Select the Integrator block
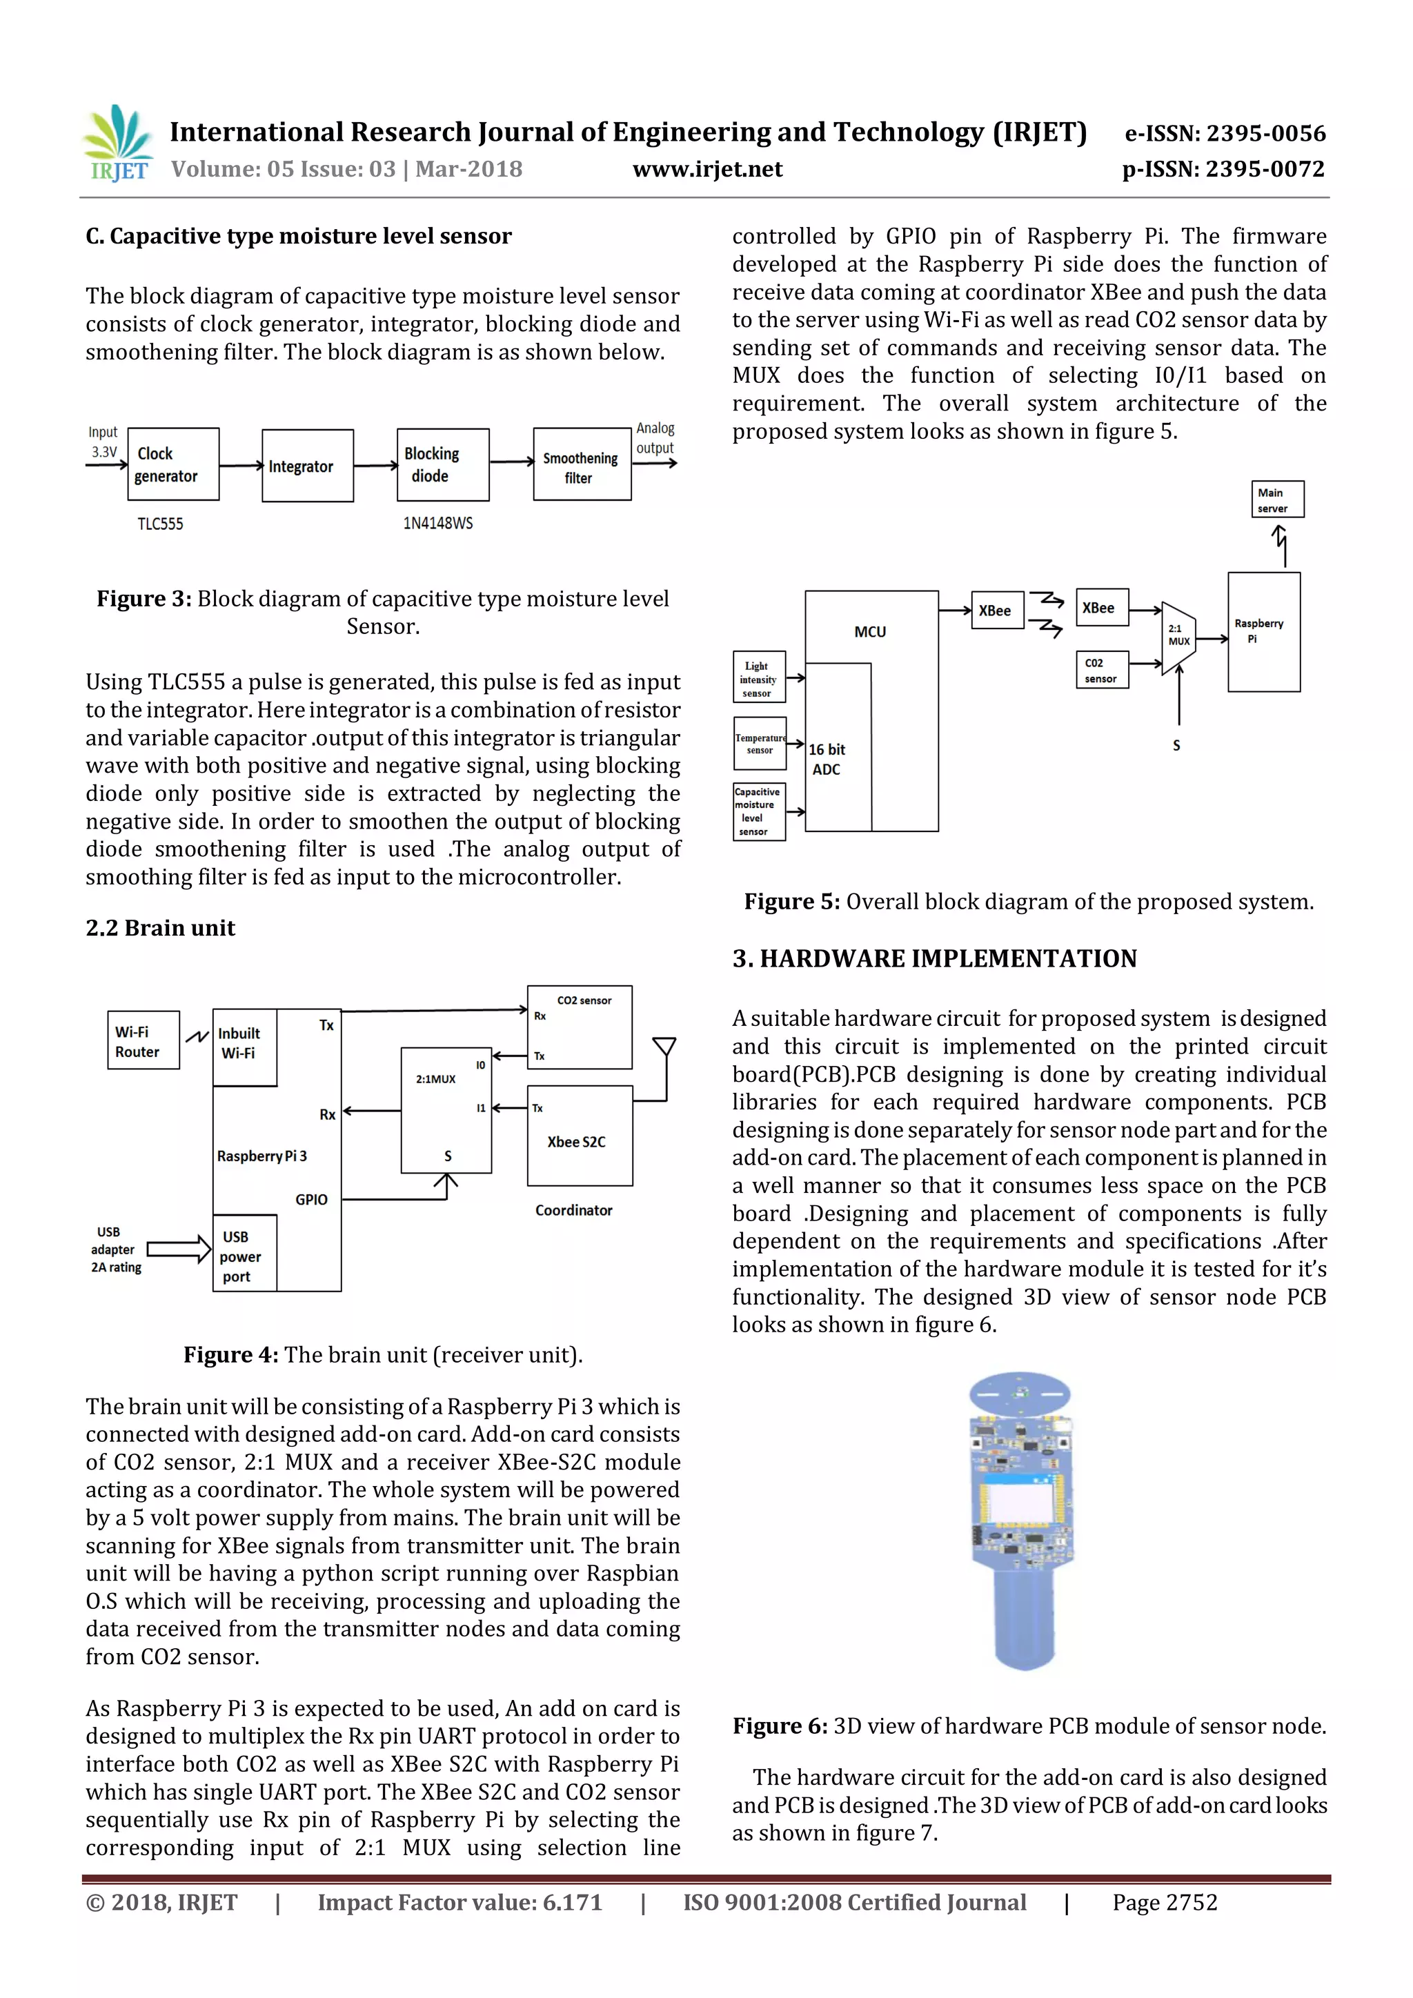coord(307,466)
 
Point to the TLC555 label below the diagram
coord(160,524)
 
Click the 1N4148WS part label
coord(437,523)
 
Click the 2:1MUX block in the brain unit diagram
coord(446,1110)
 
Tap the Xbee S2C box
coord(579,1136)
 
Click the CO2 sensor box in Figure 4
coord(580,1027)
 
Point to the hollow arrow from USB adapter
coord(179,1249)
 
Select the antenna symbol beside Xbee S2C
coord(664,1047)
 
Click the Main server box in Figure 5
coord(1276,499)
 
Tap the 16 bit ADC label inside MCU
coord(827,759)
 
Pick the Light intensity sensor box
coord(759,677)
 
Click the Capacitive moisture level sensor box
coord(759,811)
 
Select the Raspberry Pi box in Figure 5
coord(1263,632)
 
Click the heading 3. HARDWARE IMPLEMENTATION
coord(934,959)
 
